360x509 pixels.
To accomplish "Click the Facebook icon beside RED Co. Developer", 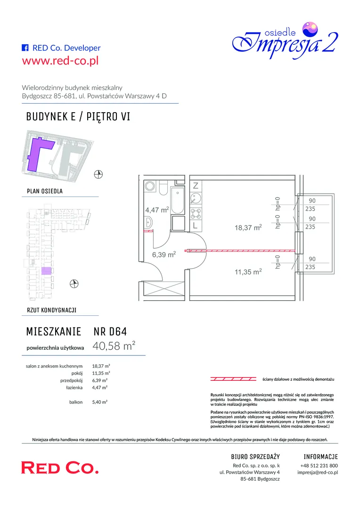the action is click(x=25, y=48).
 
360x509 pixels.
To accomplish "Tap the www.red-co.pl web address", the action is click(x=60, y=60).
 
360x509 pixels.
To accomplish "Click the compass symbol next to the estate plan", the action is click(x=98, y=174).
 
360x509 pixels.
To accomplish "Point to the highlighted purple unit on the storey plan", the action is click(x=46, y=271).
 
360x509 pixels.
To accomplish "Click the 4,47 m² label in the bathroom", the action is click(x=157, y=210).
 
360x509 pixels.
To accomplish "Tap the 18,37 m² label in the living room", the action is click(x=248, y=228).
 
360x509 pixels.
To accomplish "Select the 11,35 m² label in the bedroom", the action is click(x=248, y=272).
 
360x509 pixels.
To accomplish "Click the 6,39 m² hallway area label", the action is click(x=164, y=254).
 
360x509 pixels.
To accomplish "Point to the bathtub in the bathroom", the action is click(x=178, y=200).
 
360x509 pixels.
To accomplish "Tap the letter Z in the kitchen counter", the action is click(x=196, y=186).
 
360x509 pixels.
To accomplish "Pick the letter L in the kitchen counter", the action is click(x=195, y=225).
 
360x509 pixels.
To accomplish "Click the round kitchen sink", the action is click(x=196, y=197).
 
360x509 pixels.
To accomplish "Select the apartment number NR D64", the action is click(x=110, y=331).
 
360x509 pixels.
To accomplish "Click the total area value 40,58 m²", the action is click(x=114, y=346).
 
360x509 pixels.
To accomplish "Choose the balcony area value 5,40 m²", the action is click(x=99, y=402).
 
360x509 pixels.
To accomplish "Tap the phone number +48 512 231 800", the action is click(x=319, y=465).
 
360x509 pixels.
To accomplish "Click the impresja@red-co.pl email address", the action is click(x=318, y=472).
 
